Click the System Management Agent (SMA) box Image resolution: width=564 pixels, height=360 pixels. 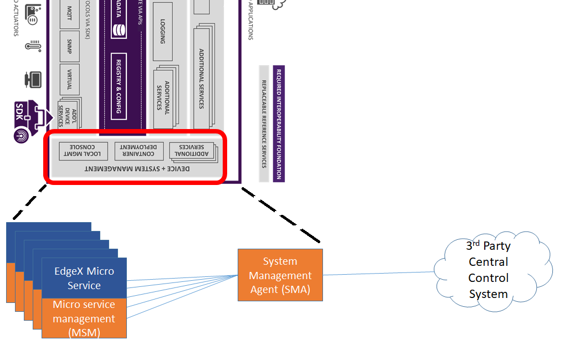280,275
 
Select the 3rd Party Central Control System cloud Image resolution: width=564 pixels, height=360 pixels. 489,270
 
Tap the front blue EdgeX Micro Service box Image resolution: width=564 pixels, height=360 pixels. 84,277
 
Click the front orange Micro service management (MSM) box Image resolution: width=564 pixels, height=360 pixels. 84,318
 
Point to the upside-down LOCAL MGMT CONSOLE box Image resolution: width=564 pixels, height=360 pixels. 83,151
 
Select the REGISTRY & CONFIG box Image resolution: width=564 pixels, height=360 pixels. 119,86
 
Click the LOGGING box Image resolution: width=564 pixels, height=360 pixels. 163,31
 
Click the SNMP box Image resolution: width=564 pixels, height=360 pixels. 69,45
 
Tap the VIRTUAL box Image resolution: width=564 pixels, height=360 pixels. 69,79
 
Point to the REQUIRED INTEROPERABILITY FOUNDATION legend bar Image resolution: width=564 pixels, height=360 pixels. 279,124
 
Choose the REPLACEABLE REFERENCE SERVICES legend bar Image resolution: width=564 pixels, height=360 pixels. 264,124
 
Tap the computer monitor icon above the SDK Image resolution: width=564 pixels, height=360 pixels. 33,79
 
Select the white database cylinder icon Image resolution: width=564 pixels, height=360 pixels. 117,29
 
